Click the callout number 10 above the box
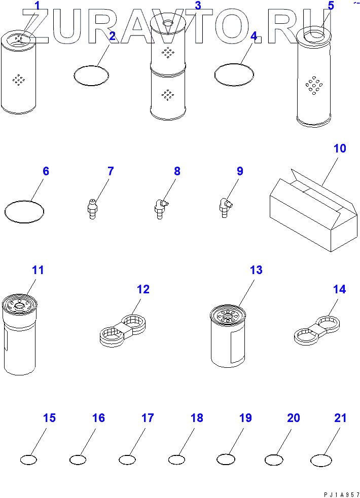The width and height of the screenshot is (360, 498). [340, 148]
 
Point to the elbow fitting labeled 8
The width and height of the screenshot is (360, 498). [161, 208]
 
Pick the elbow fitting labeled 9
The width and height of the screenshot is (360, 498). [225, 208]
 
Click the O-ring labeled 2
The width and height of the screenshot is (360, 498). [91, 76]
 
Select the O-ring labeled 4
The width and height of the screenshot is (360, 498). [234, 75]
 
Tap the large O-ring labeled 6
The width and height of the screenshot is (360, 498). [24, 212]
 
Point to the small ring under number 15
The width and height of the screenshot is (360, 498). [28, 459]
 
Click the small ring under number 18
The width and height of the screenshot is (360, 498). [176, 459]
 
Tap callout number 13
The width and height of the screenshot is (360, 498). [256, 270]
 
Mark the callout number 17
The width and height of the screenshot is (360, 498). [148, 417]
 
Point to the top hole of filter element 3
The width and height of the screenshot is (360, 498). [167, 23]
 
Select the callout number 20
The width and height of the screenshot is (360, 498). [293, 417]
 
